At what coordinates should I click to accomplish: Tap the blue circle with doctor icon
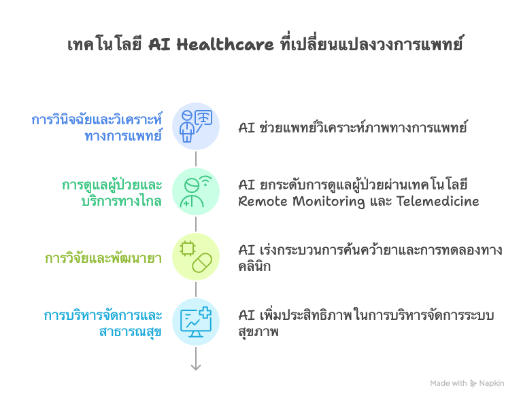pos(196,126)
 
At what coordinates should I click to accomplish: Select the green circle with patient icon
pos(196,191)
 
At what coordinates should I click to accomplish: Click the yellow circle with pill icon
pos(196,256)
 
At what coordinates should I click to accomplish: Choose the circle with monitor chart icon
pos(196,321)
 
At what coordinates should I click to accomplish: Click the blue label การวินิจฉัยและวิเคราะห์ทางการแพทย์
pos(97,128)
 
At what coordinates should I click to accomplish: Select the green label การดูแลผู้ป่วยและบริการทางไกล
pos(112,193)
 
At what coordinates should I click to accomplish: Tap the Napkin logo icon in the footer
pos(474,384)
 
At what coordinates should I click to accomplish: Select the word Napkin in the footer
pos(492,384)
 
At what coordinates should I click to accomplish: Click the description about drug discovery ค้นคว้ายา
pos(370,257)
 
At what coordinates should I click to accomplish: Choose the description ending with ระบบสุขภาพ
pos(366,323)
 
